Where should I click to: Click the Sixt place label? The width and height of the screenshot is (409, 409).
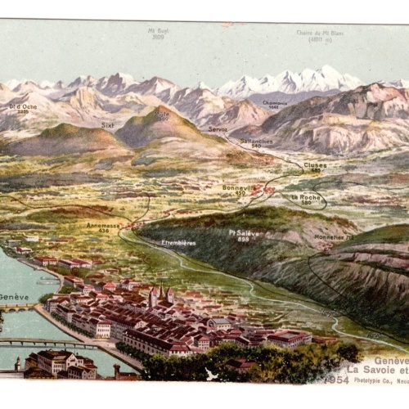108,125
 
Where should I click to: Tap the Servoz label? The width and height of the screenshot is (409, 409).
218,129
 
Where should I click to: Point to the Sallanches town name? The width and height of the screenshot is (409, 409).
256,141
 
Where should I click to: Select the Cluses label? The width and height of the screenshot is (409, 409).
315,164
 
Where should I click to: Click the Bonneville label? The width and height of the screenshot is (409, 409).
239,187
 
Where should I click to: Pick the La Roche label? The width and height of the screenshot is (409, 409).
304,196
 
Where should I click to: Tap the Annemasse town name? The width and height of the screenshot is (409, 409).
103,225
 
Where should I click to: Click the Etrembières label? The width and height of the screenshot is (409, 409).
178,242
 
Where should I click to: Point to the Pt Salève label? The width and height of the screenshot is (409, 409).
244,233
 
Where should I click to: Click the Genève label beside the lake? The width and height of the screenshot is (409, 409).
14,296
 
